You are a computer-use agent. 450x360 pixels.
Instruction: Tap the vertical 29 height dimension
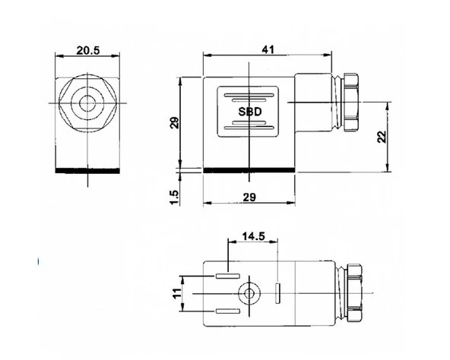tap(174, 122)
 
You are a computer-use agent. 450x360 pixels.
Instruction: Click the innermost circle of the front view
tap(89, 103)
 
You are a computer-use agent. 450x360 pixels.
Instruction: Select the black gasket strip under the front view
tap(89, 170)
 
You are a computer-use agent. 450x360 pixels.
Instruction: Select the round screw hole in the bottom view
tap(248, 292)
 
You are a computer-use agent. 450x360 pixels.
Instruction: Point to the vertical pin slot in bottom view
tap(278, 292)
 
